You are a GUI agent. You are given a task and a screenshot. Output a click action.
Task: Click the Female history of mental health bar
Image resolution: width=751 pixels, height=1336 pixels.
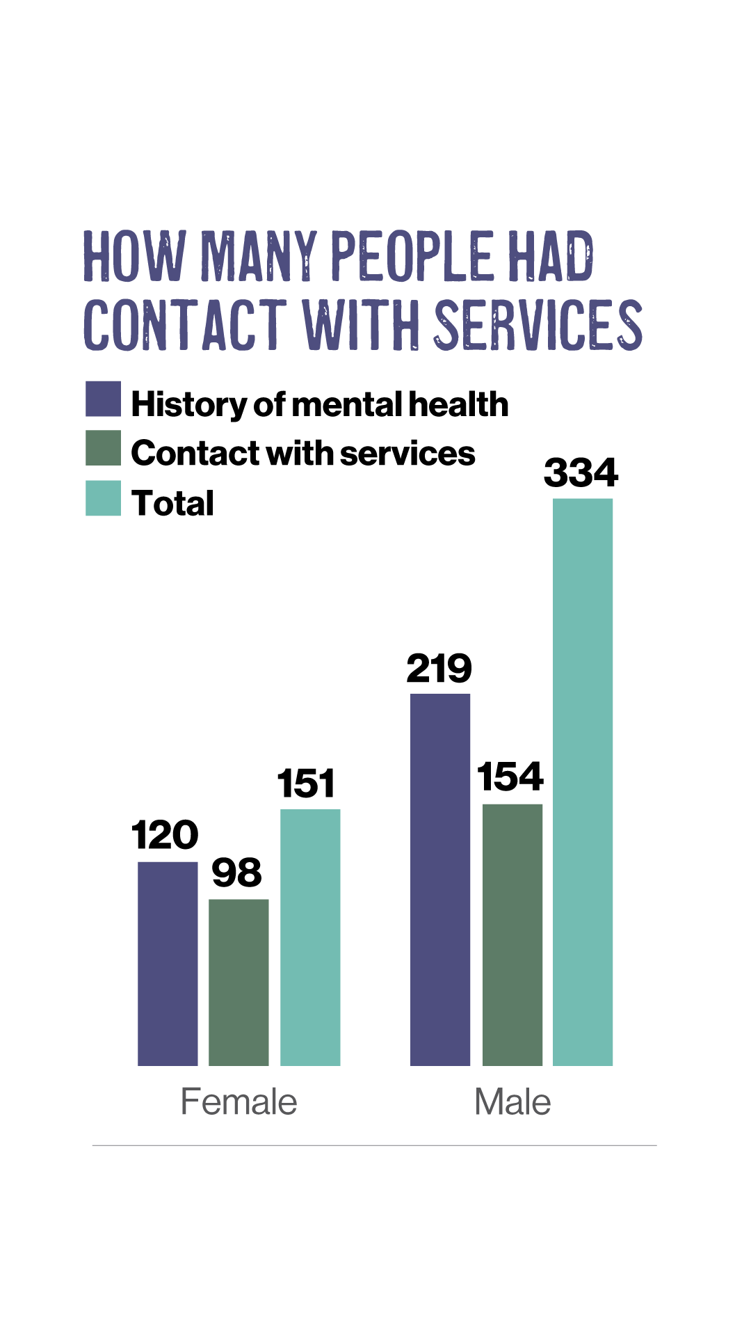[x=168, y=964]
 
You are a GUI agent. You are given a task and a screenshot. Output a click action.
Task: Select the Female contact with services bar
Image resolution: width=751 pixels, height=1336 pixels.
[x=239, y=982]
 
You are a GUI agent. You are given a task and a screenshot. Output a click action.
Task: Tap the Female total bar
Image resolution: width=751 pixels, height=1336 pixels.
[x=310, y=937]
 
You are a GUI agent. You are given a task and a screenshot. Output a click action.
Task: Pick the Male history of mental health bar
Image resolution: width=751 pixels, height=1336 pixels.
[x=440, y=880]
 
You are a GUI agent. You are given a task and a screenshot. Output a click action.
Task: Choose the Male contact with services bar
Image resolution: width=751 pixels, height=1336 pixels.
[x=512, y=935]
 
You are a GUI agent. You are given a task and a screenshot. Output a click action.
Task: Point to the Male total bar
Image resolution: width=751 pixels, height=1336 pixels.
[x=583, y=781]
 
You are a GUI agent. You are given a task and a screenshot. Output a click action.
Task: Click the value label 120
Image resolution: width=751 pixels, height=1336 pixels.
[x=165, y=835]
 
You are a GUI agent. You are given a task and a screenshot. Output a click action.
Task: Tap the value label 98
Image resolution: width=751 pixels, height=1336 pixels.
[x=236, y=873]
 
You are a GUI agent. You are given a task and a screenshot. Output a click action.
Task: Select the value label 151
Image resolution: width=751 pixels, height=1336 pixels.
[x=307, y=784]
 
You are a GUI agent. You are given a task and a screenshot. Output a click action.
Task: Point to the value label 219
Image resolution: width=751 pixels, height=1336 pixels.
[x=439, y=669]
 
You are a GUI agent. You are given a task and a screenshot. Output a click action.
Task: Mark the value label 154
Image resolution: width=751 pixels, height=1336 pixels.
[x=510, y=777]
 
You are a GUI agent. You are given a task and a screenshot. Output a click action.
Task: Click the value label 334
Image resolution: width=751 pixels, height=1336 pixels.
[x=581, y=473]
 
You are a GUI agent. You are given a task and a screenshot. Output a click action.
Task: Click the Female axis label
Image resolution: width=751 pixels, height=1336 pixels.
[x=239, y=1102]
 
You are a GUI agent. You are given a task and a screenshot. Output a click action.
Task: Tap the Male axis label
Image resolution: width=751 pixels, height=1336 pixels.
[x=512, y=1102]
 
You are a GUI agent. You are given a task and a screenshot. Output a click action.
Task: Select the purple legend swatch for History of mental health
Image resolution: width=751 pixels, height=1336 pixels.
[x=103, y=399]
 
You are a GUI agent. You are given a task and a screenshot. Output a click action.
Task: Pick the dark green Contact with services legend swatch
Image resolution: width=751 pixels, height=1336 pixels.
[x=103, y=448]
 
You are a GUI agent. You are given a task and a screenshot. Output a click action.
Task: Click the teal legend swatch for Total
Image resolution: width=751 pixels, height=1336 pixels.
[x=103, y=498]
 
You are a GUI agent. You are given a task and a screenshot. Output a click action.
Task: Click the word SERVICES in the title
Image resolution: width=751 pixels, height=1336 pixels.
[x=539, y=325]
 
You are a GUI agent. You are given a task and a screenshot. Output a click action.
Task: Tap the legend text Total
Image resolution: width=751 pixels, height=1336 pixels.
[x=172, y=503]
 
